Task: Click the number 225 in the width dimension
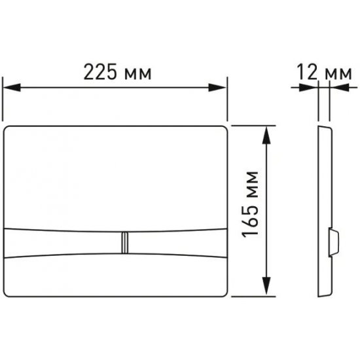click(100, 72)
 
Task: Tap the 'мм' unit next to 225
click(137, 75)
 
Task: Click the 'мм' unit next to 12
click(338, 75)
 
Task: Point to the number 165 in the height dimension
click(250, 221)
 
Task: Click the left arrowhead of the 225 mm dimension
click(12, 88)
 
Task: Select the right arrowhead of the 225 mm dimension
click(217, 88)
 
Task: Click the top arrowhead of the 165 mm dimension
click(266, 135)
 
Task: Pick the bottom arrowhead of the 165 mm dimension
click(266, 285)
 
